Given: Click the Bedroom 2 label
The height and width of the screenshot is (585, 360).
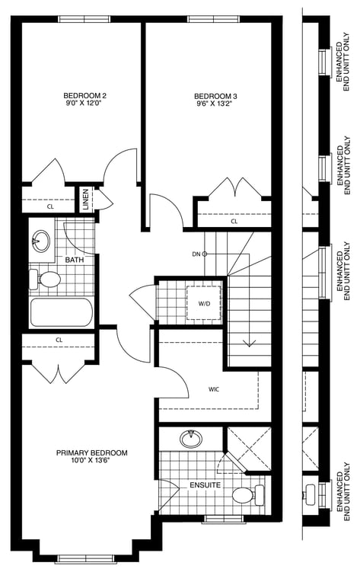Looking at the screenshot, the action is [x=82, y=95].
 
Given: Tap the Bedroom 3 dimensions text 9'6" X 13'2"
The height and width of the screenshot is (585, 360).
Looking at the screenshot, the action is [x=215, y=104].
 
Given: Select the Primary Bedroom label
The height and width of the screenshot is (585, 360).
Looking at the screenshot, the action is [x=91, y=453].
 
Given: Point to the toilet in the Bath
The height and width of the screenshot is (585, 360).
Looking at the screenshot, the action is [x=45, y=279].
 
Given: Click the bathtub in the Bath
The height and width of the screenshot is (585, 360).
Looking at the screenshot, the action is [x=61, y=312].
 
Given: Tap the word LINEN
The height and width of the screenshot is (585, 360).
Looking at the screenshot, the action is [x=85, y=200].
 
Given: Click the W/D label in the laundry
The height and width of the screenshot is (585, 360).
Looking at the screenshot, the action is [x=204, y=304].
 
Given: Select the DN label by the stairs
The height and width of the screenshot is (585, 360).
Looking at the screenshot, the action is [x=196, y=254].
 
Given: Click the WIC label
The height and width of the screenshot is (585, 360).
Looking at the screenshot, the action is [x=214, y=389].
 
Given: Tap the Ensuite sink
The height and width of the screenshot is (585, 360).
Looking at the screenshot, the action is [x=191, y=439].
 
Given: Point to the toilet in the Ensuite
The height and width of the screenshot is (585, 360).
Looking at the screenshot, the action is [x=249, y=495].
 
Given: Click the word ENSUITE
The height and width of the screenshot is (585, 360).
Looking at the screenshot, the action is [x=205, y=485].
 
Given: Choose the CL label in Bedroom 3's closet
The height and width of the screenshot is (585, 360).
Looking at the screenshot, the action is [x=234, y=222].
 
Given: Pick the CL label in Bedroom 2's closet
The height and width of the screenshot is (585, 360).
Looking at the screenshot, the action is [x=50, y=206].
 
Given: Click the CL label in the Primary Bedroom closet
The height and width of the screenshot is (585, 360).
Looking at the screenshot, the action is [x=59, y=340].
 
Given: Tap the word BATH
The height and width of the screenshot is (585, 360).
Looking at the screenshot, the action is [x=75, y=260].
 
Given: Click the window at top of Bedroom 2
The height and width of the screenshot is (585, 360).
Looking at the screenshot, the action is [x=84, y=19].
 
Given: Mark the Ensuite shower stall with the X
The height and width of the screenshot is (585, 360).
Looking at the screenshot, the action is [x=249, y=448].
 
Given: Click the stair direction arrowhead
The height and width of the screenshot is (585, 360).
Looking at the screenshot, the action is [x=249, y=344].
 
